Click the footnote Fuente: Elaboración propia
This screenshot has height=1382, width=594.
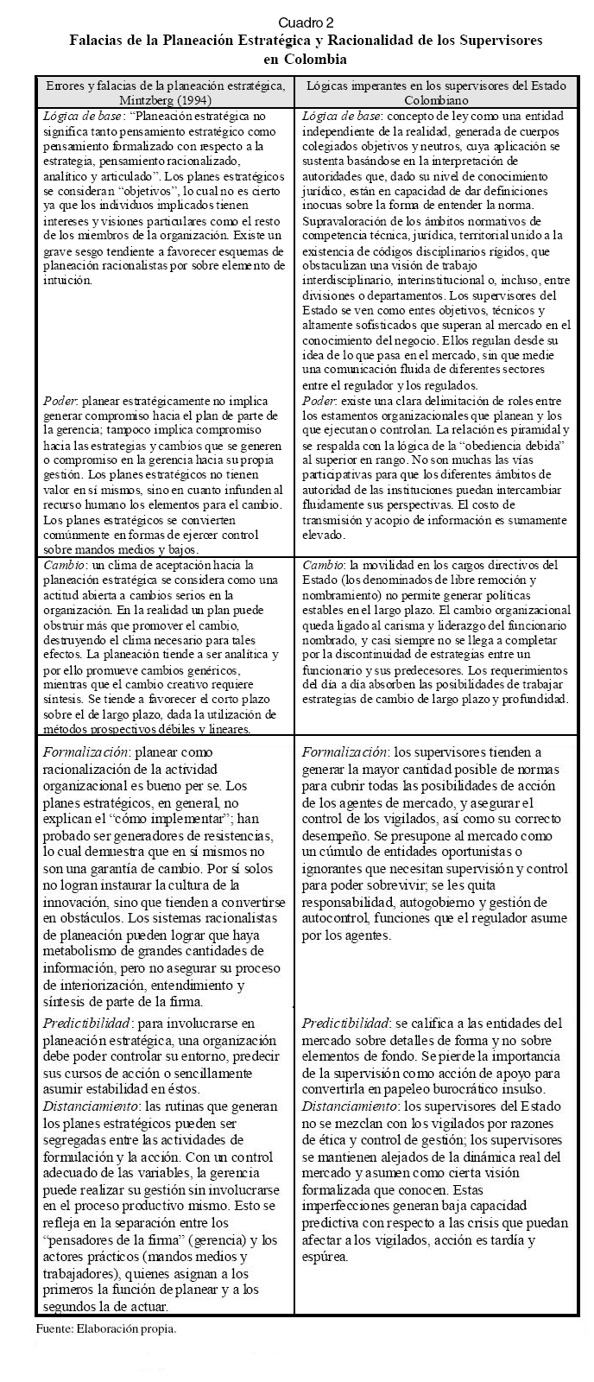(x=106, y=1328)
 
